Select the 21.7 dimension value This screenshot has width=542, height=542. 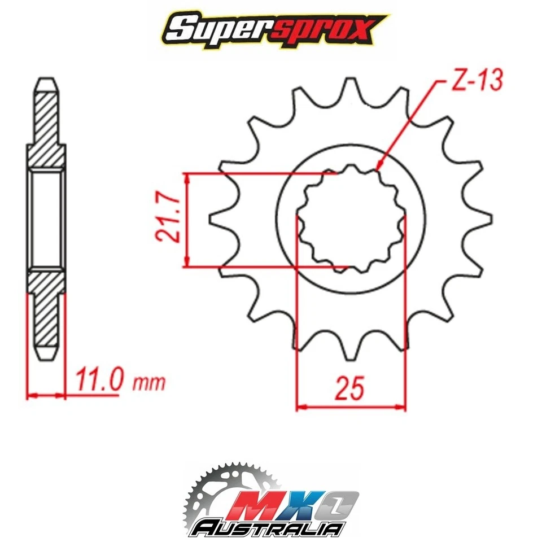170,219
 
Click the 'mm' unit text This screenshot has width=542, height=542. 149,383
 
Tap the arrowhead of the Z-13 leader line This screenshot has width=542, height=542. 377,167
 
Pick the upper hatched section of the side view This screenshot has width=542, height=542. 46,127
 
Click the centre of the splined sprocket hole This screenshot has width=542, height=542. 351,220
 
